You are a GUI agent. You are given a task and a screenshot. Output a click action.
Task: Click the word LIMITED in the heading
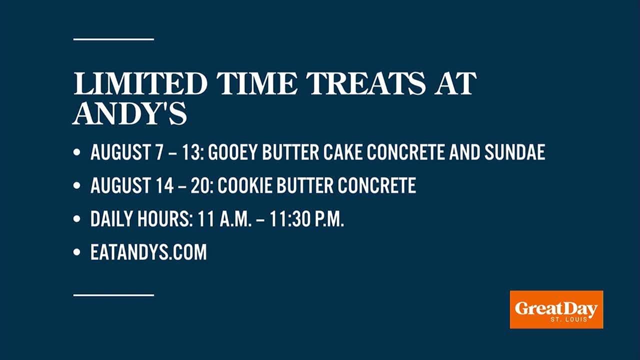point(140,83)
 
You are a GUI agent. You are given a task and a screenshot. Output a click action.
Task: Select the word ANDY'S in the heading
point(130,113)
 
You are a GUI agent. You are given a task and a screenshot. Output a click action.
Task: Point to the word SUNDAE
point(515,152)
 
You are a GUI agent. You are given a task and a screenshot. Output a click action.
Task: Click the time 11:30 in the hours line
point(289,219)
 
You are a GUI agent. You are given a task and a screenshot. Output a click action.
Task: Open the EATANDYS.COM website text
point(148,252)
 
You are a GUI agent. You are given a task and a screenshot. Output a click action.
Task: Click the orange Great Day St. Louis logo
point(556,309)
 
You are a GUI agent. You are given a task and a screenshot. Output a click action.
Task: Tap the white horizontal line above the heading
point(113,39)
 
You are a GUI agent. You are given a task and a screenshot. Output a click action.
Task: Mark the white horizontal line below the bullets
point(113,295)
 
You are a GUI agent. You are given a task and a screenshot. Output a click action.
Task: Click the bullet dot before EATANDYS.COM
point(76,252)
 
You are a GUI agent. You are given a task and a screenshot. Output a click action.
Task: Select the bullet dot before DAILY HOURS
point(76,219)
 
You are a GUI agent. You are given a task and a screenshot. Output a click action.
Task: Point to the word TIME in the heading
point(257,83)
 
